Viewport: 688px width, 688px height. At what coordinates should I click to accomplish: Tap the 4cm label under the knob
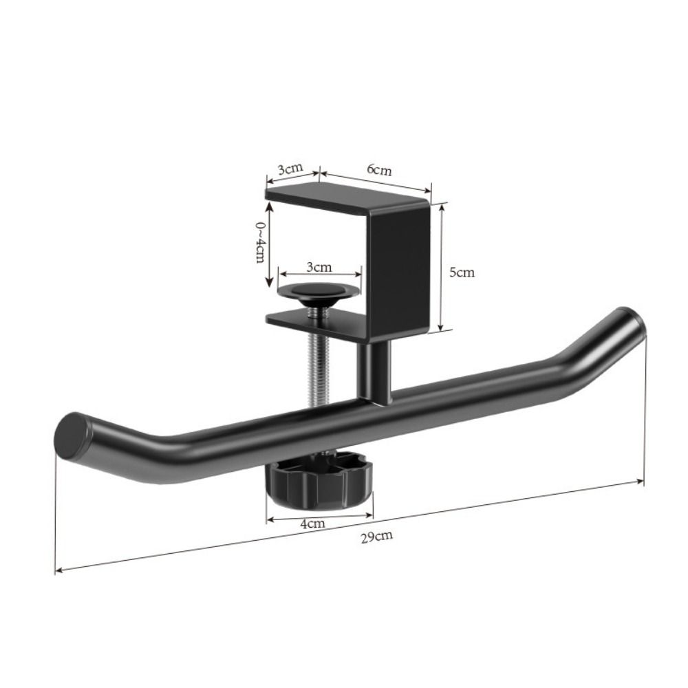click(312, 524)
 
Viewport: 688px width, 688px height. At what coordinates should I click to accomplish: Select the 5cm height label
click(462, 272)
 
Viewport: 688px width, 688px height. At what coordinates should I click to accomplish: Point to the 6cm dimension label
click(379, 169)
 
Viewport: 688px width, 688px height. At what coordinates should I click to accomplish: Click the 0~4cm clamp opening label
click(260, 241)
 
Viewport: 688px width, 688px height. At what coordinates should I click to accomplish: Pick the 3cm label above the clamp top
click(290, 169)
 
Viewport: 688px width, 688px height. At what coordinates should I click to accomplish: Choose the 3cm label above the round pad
click(319, 266)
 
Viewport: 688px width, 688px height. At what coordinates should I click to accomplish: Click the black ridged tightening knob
click(319, 482)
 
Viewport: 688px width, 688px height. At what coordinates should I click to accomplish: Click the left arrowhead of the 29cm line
click(58, 570)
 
